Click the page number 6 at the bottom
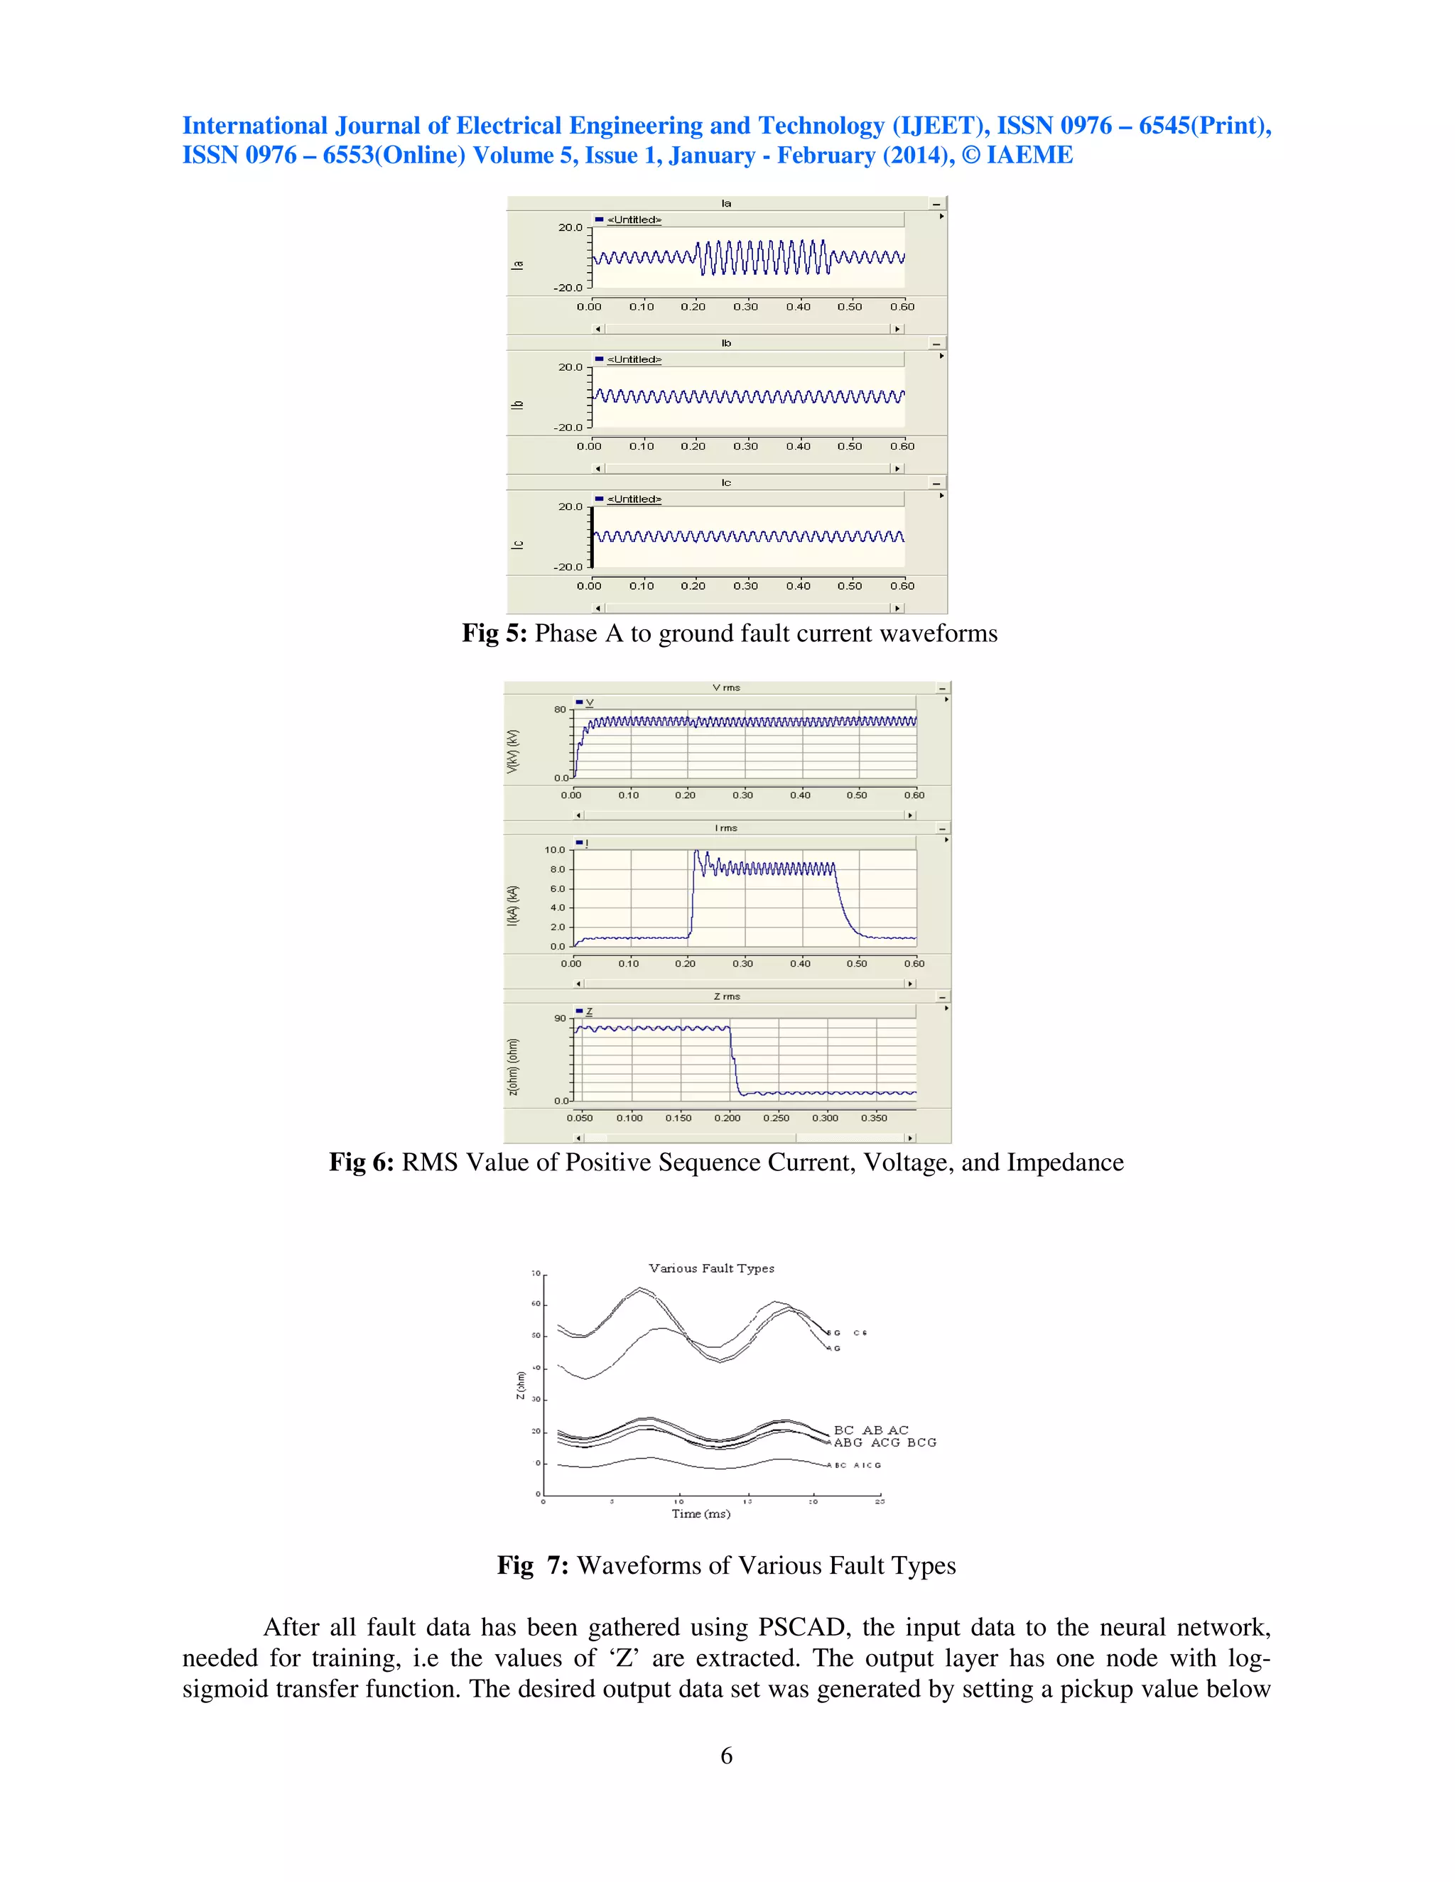point(727,1756)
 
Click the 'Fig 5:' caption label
point(494,633)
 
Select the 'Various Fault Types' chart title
point(711,1268)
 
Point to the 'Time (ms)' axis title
point(701,1514)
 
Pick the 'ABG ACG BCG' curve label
point(885,1442)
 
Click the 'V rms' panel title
point(726,687)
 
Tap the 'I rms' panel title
point(726,828)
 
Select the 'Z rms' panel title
point(727,996)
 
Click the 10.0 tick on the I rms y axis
point(554,849)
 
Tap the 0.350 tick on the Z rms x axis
point(873,1118)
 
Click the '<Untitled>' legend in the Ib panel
point(634,359)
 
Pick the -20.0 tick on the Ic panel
point(568,567)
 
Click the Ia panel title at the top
point(726,203)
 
